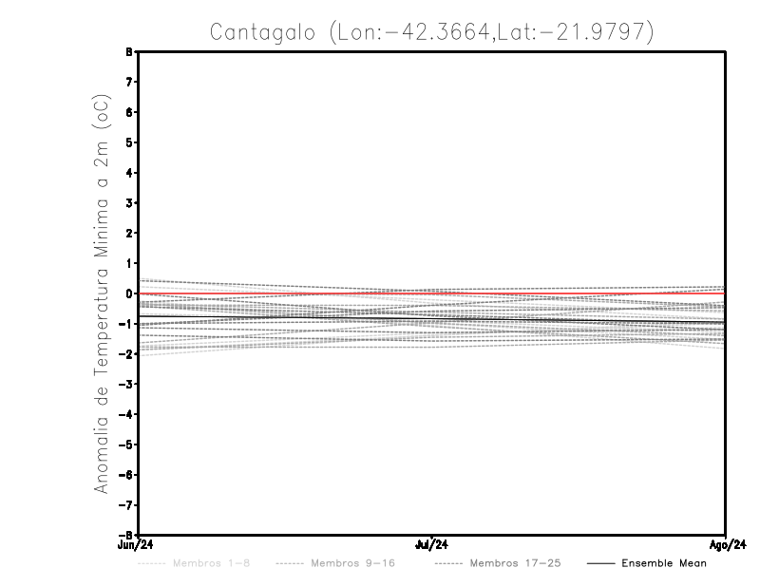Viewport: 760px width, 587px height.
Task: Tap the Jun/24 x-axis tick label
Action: pyautogui.click(x=138, y=545)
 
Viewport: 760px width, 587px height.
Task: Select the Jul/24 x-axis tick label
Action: pyautogui.click(x=432, y=545)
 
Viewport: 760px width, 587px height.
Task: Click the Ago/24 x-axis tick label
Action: pyautogui.click(x=726, y=545)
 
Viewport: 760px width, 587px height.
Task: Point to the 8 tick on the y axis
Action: pyautogui.click(x=128, y=52)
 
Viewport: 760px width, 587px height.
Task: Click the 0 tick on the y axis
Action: pyautogui.click(x=128, y=293)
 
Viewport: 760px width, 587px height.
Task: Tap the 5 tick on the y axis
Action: pyautogui.click(x=128, y=142)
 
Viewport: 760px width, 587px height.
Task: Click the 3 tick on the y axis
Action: pyautogui.click(x=128, y=203)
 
